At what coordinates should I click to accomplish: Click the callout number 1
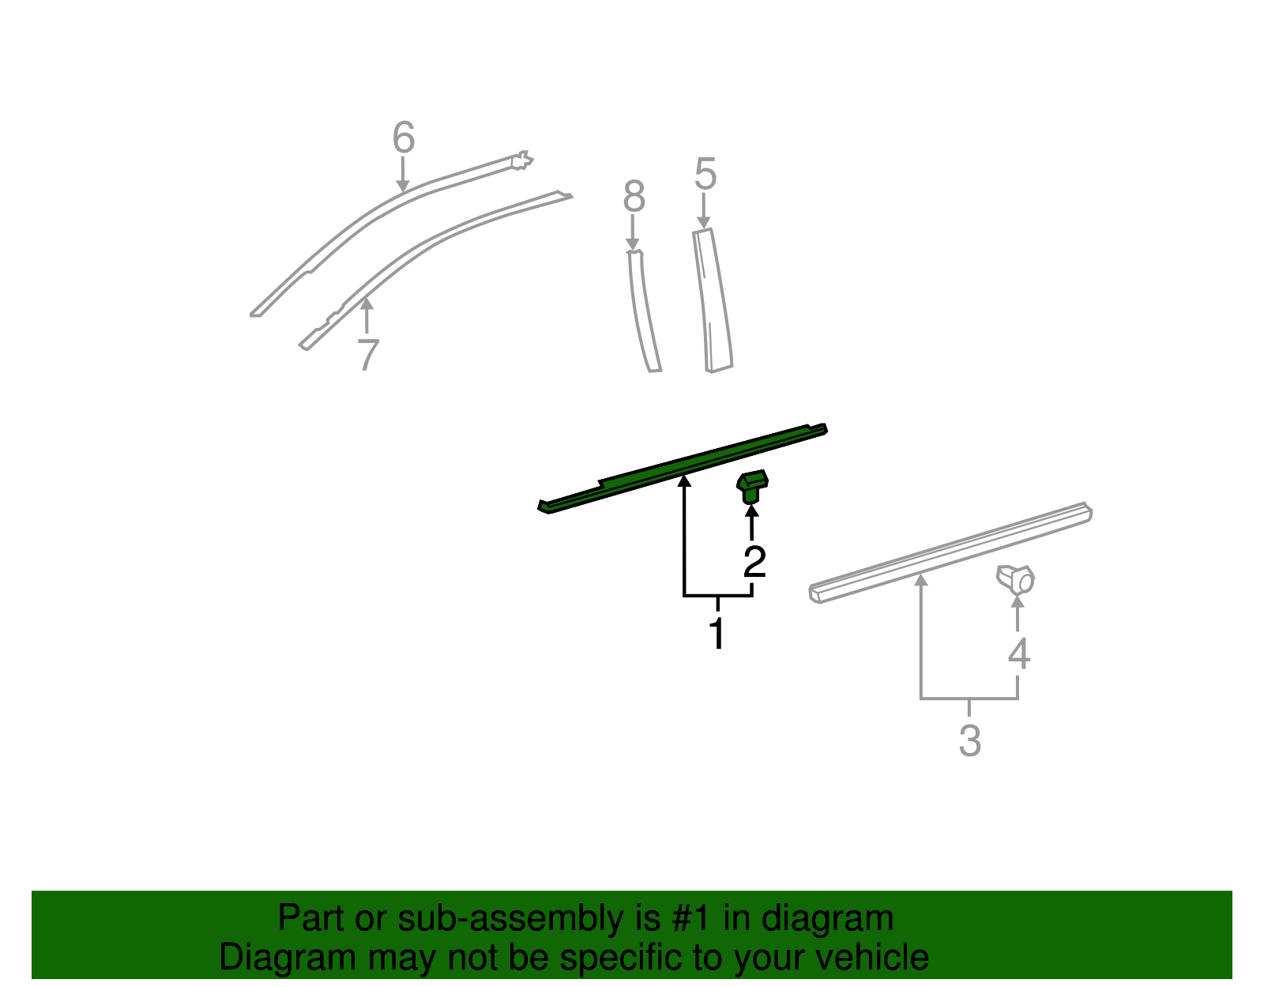point(717,634)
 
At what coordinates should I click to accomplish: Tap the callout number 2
point(754,562)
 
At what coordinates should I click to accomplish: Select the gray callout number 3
point(969,740)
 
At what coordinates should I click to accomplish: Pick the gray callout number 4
point(1019,654)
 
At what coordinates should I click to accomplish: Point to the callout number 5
point(705,174)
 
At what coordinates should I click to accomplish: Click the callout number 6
point(404,138)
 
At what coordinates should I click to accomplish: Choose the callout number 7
point(367,355)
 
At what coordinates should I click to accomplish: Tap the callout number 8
point(634,197)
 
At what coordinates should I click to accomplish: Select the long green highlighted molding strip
point(683,468)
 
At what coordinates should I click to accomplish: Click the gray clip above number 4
point(1016,579)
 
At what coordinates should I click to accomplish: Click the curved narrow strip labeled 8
point(643,312)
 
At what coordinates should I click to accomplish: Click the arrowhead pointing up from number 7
point(367,303)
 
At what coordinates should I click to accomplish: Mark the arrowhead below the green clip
point(752,509)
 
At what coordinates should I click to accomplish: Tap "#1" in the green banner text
point(692,919)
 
